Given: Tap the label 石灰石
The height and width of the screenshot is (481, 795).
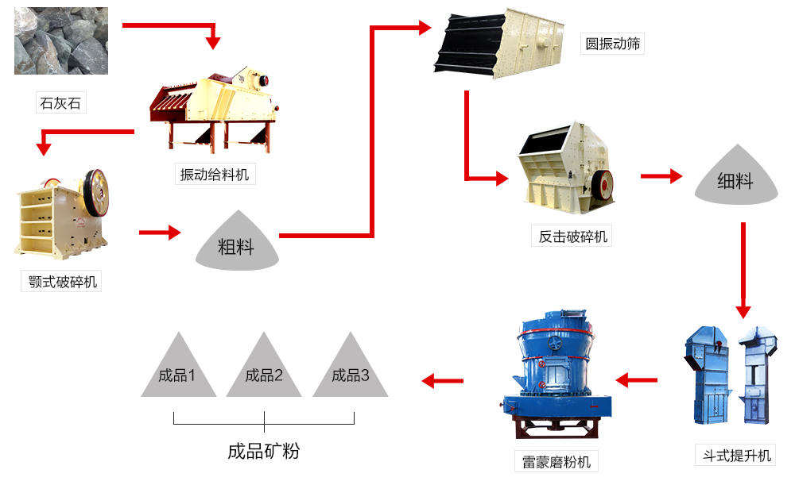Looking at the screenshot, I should tap(60, 103).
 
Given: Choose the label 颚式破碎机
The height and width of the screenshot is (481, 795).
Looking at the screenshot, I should tap(61, 281).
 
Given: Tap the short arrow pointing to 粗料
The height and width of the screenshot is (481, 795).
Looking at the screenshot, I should tap(159, 233).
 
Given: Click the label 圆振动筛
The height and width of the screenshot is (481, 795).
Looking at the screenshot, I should tap(613, 44).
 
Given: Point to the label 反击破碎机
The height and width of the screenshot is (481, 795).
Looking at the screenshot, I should tap(572, 236).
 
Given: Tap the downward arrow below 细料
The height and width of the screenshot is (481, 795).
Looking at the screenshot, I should tap(743, 270).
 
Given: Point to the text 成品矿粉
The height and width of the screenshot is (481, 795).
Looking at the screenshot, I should tap(264, 452).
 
